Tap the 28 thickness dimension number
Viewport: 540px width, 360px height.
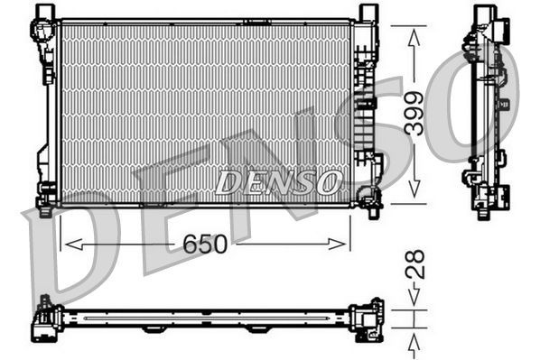coord(414,264)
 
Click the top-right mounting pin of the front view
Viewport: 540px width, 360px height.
coord(366,12)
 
